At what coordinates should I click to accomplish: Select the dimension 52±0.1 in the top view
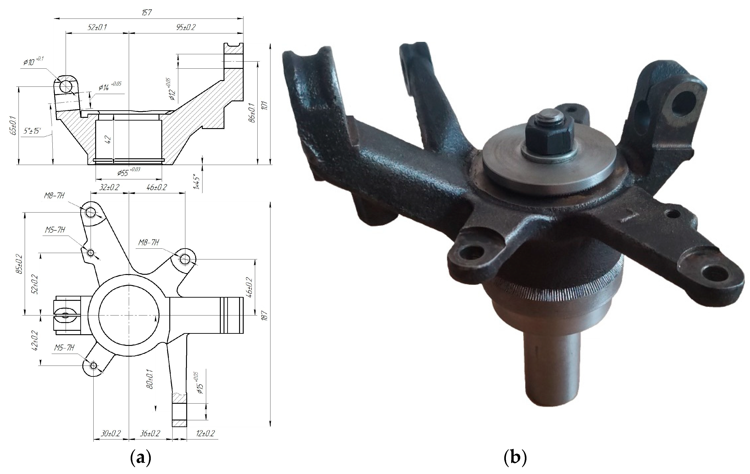[x=97, y=27]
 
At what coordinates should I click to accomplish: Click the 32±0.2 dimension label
[x=109, y=187]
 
